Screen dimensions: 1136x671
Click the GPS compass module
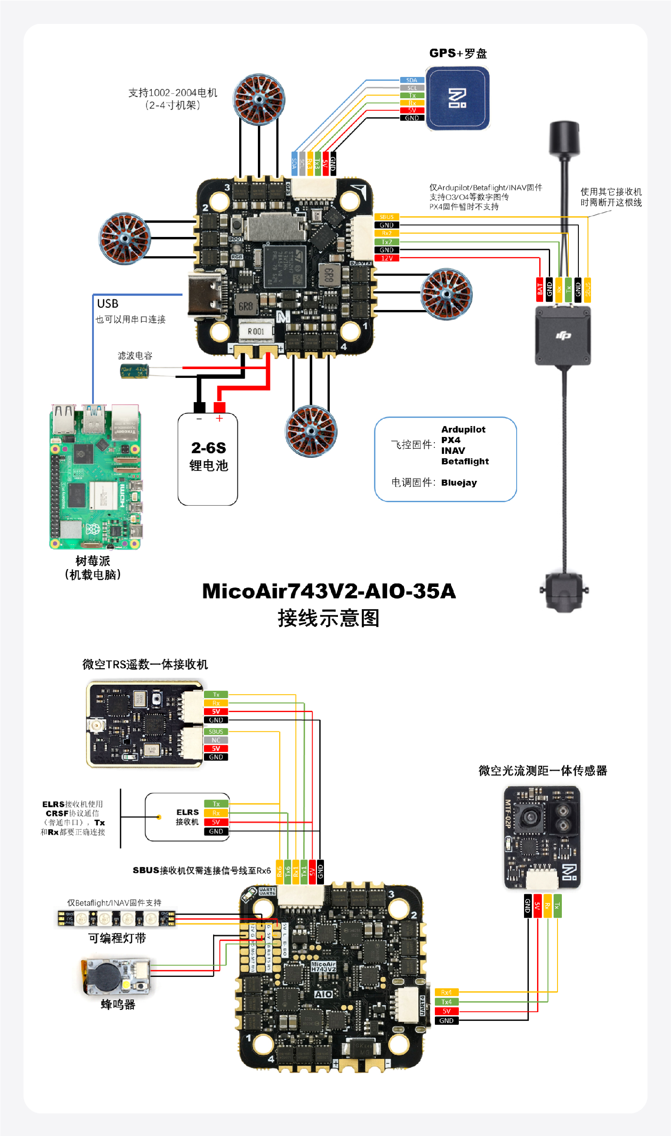pyautogui.click(x=457, y=98)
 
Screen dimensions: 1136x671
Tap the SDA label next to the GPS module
pyautogui.click(x=411, y=80)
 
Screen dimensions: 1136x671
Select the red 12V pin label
pyautogui.click(x=387, y=258)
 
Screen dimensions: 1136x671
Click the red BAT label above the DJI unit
pyautogui.click(x=539, y=289)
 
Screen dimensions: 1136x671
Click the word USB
pyautogui.click(x=107, y=303)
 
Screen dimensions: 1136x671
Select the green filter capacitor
pyautogui.click(x=134, y=371)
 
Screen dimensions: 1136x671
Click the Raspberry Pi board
pyautogui.click(x=95, y=477)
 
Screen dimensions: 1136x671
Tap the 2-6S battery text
pyautogui.click(x=208, y=447)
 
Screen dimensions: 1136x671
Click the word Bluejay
pyautogui.click(x=458, y=482)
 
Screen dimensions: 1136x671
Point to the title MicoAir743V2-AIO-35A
pyautogui.click(x=329, y=591)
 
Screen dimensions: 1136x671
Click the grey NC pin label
pyautogui.click(x=216, y=740)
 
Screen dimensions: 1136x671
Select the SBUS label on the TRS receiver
pyautogui.click(x=216, y=731)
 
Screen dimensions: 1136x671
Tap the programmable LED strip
pyautogui.click(x=116, y=918)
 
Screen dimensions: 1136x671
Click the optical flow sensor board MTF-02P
pyautogui.click(x=542, y=837)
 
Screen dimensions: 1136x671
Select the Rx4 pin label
pyautogui.click(x=446, y=992)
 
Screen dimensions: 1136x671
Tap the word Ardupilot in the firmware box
pyautogui.click(x=463, y=429)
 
